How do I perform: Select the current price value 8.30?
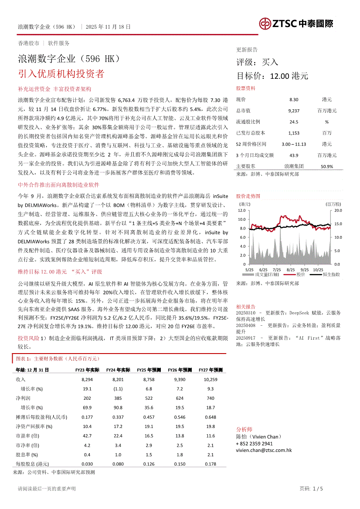(x=294, y=100)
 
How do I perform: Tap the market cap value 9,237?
(x=294, y=111)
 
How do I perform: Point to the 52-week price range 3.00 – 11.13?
(x=294, y=144)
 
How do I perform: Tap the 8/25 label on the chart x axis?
(x=291, y=270)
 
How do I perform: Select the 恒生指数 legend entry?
(x=331, y=275)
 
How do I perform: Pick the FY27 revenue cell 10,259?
(x=211, y=380)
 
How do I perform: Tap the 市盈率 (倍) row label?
(x=27, y=435)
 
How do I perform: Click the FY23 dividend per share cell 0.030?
(x=87, y=464)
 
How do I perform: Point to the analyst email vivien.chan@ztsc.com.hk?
(x=264, y=450)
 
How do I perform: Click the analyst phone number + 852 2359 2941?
(x=254, y=443)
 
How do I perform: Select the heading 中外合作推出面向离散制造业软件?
(x=59, y=185)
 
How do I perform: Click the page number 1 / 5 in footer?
(x=317, y=489)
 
